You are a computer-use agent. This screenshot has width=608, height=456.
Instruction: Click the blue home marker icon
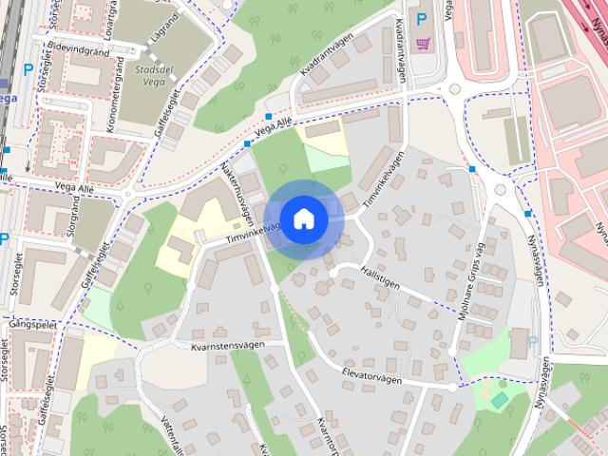coord(303,218)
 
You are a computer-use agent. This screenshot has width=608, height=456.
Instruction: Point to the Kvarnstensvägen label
coord(226,346)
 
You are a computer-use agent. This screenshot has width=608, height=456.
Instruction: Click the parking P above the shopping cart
coord(421,17)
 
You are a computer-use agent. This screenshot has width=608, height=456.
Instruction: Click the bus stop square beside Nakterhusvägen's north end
coord(247,143)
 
